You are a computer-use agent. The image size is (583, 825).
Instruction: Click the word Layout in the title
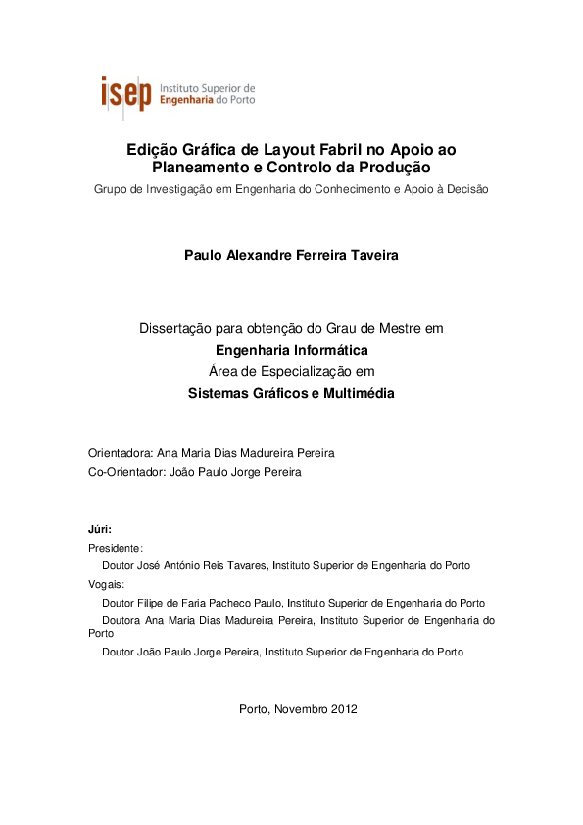(275, 150)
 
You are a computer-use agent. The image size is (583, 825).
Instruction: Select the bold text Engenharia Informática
(291, 350)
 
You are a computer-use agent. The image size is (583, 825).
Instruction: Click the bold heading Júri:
(100, 529)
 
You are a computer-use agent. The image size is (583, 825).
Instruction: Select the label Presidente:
(116, 548)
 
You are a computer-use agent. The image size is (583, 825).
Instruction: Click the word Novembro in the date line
(300, 708)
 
